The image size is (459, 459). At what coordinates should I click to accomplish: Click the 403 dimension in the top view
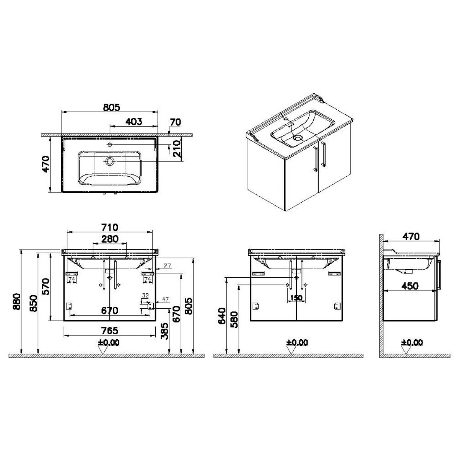[133, 122]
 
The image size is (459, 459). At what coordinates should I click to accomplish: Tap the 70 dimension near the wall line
[176, 122]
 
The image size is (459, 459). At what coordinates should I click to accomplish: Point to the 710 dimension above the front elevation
[110, 227]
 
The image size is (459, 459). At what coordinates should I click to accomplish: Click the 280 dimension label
[109, 239]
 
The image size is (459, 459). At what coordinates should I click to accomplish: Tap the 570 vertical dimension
[46, 286]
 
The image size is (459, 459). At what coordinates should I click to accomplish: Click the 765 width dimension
[109, 330]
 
